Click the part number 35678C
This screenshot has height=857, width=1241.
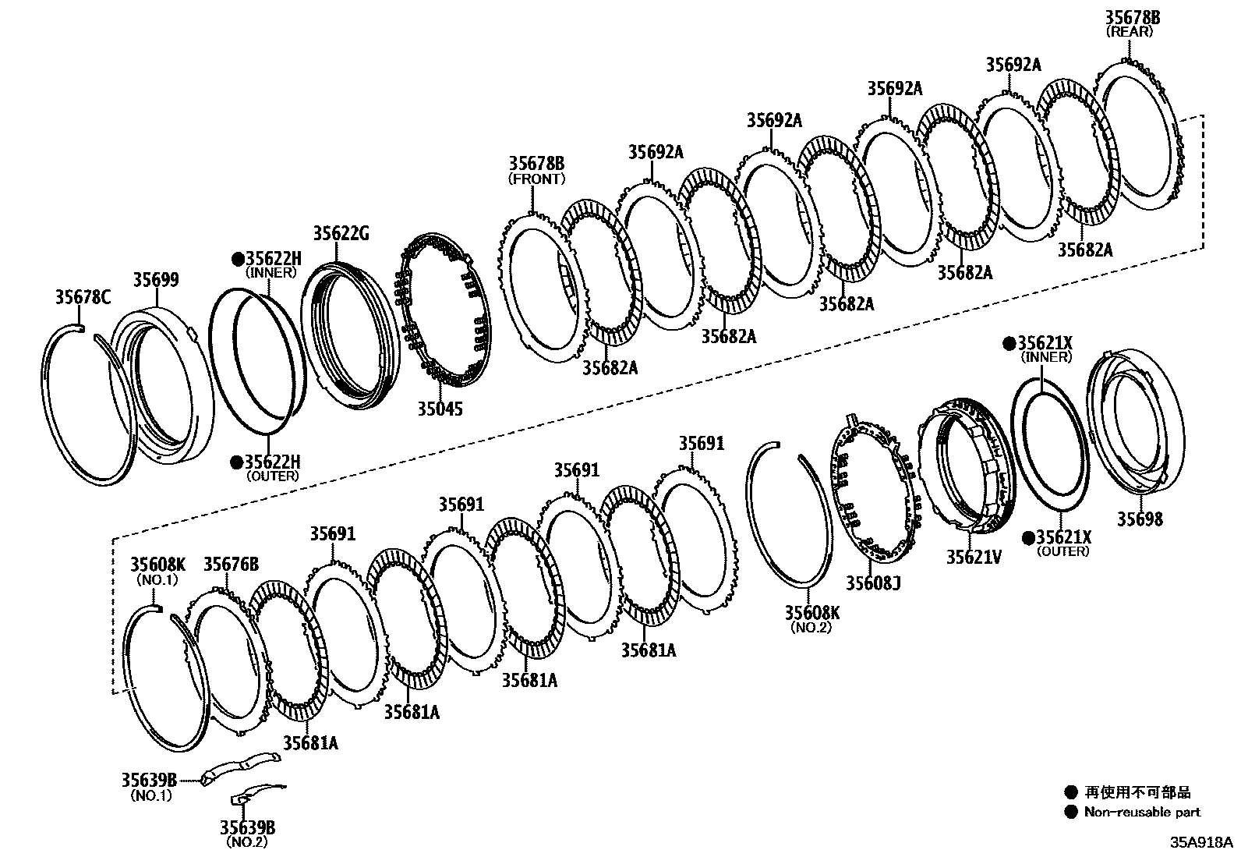coord(83,296)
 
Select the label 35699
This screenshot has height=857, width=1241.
coord(155,280)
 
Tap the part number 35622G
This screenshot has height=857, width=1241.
coord(341,233)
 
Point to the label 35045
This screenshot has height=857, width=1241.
coord(438,408)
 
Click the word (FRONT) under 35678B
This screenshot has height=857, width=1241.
coord(536,179)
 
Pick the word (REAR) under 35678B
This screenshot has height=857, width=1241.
coord(1132,31)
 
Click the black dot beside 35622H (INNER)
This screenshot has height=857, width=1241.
coord(237,259)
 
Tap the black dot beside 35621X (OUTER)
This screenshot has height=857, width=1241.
coord(1028,537)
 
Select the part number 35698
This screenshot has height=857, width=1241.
coord(1140,519)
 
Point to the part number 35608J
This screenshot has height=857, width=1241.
coord(873,583)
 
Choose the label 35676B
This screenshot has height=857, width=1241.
coord(231,564)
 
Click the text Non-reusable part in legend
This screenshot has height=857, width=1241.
coord(1142,813)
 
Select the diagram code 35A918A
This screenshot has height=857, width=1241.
coord(1200,843)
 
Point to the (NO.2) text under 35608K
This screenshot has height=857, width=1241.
coord(811,626)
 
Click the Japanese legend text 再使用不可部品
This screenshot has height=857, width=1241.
coord(1137,792)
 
